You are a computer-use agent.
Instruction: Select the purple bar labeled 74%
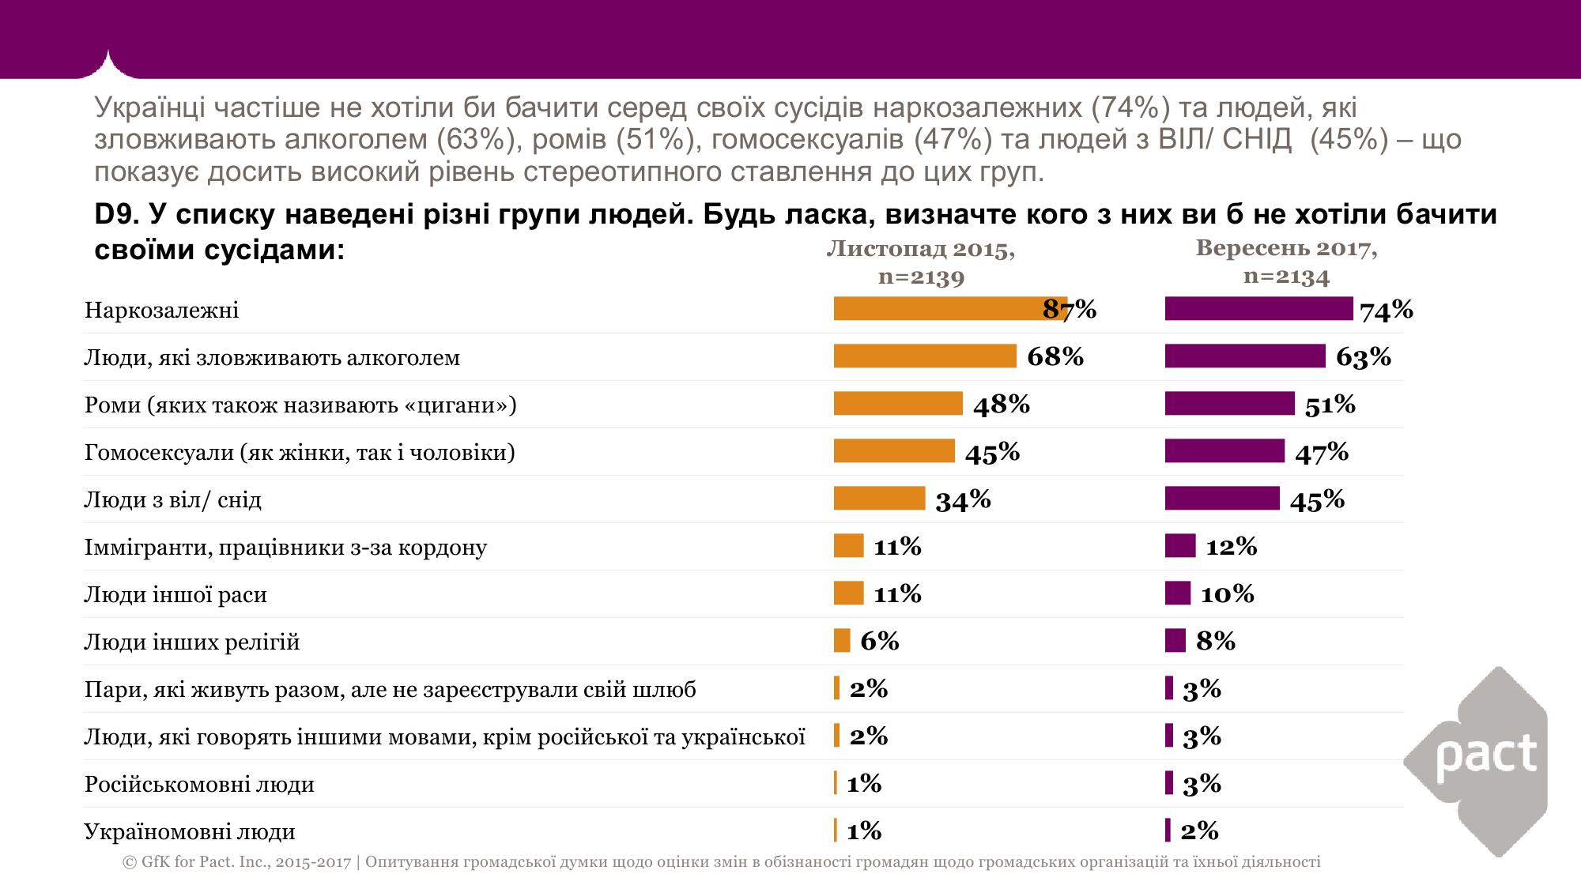click(x=1258, y=309)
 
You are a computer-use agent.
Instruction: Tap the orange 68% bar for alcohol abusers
click(x=925, y=356)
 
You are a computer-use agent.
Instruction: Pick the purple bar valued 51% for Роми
click(x=1229, y=404)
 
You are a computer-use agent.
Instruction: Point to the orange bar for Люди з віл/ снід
click(x=879, y=499)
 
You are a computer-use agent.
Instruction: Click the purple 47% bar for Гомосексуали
click(x=1224, y=451)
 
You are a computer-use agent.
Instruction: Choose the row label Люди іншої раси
click(x=175, y=594)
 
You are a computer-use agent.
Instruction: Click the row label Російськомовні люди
click(x=199, y=784)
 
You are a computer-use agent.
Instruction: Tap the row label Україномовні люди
click(x=190, y=831)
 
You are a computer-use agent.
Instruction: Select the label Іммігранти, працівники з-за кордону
click(x=285, y=547)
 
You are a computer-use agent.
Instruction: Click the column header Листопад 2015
click(x=921, y=250)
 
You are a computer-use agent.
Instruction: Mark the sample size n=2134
click(x=1286, y=276)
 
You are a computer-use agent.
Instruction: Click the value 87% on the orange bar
click(x=1070, y=309)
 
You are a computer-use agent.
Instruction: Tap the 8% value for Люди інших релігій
click(x=1215, y=641)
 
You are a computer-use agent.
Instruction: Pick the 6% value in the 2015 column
click(x=879, y=641)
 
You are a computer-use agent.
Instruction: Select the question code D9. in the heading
click(x=116, y=214)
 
